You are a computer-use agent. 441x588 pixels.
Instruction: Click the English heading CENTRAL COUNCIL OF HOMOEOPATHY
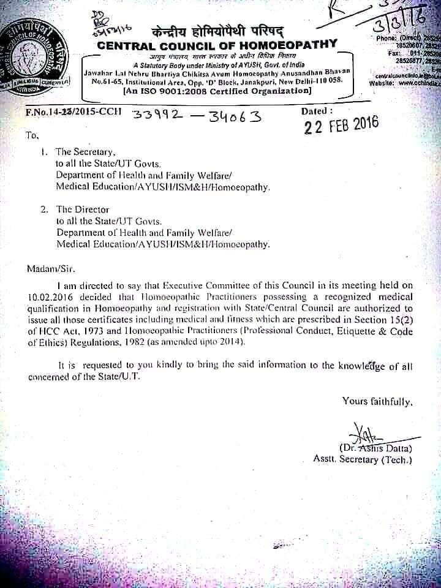click(217, 43)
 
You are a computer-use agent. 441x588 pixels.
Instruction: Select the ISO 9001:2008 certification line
click(217, 91)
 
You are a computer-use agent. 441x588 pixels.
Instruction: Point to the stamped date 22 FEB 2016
click(341, 124)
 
